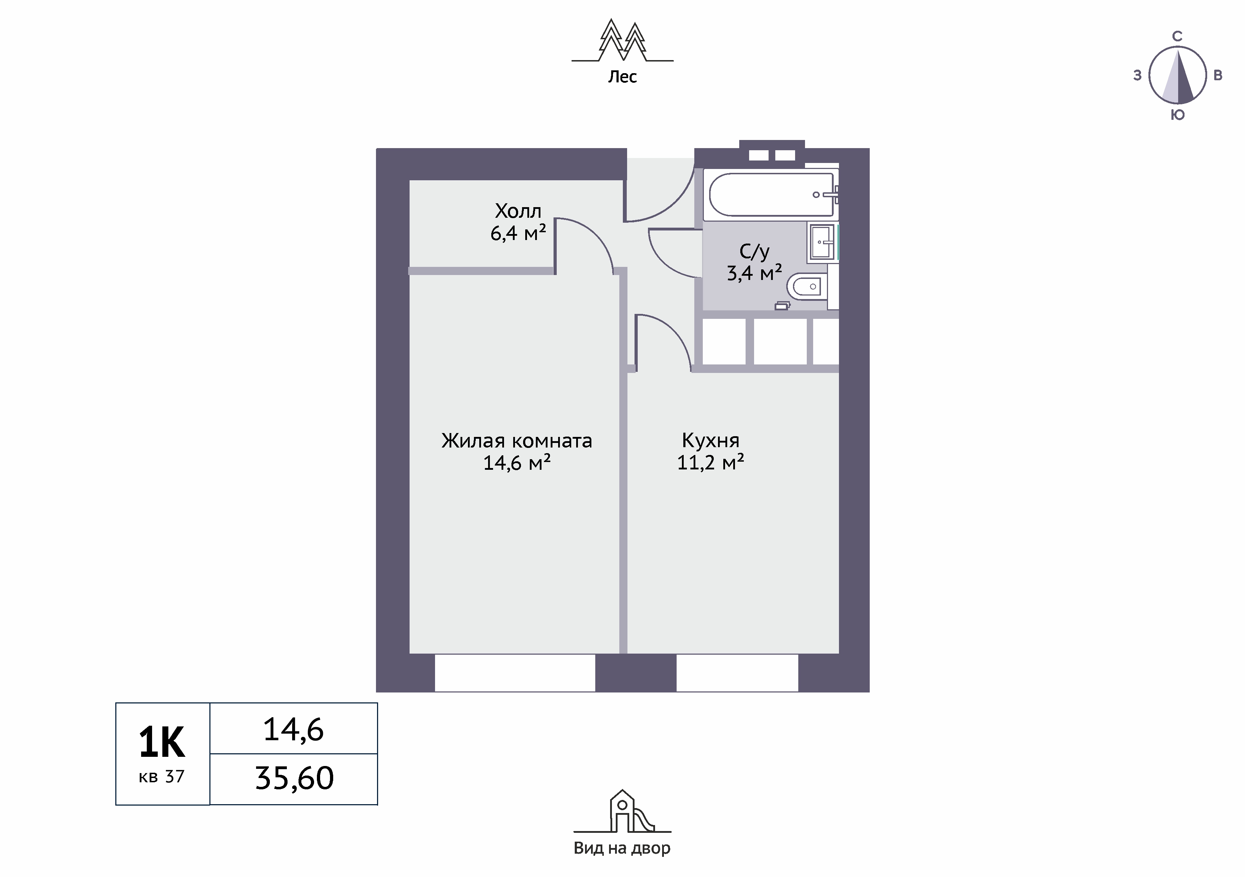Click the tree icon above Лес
click(622, 41)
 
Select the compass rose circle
click(1177, 75)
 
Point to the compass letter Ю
click(1177, 115)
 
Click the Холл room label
click(518, 211)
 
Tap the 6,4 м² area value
click(518, 233)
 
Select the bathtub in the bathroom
click(772, 194)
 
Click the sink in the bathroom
click(823, 242)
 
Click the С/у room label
click(754, 251)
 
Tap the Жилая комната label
click(517, 441)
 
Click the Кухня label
click(710, 441)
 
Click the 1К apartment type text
click(162, 743)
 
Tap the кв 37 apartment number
click(162, 777)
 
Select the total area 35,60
click(294, 778)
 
